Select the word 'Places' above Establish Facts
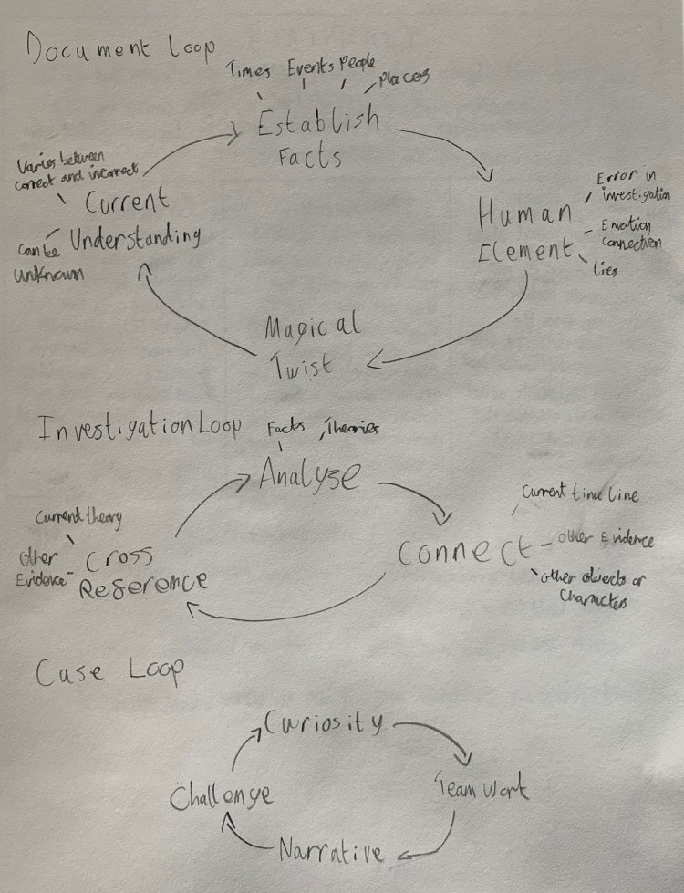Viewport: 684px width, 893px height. [x=402, y=81]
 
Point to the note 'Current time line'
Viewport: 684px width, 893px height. [x=579, y=494]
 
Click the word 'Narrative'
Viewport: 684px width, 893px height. [x=330, y=851]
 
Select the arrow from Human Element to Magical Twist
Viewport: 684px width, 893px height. [x=483, y=333]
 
